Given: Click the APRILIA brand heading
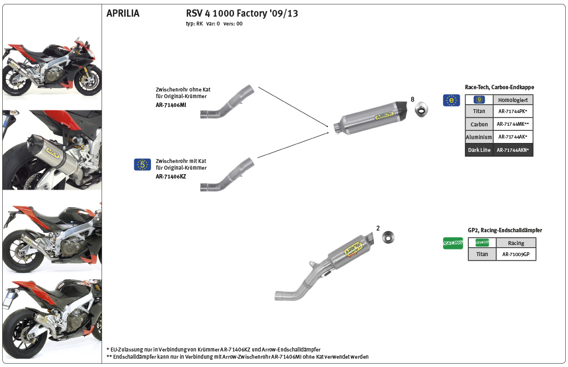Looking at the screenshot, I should tap(123, 13).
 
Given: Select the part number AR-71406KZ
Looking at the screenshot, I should tap(171, 176).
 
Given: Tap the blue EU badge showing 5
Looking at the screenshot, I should tap(143, 164).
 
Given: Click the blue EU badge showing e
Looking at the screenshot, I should tap(451, 100).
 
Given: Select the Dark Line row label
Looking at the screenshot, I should tap(479, 150).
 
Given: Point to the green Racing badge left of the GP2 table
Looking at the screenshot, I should tap(453, 243).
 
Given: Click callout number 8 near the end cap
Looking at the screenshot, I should tap(413, 99).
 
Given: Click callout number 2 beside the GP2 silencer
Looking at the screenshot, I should tap(378, 228).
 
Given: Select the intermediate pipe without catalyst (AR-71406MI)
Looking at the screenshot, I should tap(227, 102).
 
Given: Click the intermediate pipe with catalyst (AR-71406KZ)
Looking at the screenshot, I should tap(227, 175).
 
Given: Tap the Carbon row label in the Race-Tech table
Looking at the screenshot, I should tap(479, 124).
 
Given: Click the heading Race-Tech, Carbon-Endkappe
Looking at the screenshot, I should tap(499, 88).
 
